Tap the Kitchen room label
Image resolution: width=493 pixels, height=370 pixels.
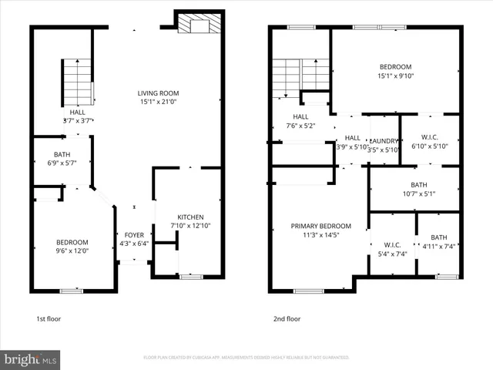(x=189, y=217)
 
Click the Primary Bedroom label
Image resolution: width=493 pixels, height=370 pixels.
(x=320, y=226)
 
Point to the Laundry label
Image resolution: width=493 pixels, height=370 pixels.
(x=384, y=140)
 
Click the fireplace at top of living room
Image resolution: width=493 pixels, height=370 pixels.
(x=196, y=24)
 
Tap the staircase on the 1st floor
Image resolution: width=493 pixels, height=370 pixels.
(x=77, y=82)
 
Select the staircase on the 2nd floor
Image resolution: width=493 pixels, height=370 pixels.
(x=300, y=74)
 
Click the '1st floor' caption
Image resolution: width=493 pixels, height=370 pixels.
(x=49, y=318)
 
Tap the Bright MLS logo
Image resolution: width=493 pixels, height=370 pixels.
(x=31, y=358)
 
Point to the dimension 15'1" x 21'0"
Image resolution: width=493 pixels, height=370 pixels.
(x=159, y=101)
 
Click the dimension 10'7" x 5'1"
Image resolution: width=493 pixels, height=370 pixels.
(x=418, y=193)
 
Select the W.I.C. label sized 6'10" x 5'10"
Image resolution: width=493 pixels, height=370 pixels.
(x=429, y=141)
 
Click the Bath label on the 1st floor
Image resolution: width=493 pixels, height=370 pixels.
(x=62, y=154)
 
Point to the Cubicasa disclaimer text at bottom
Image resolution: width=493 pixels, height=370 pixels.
(x=246, y=358)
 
